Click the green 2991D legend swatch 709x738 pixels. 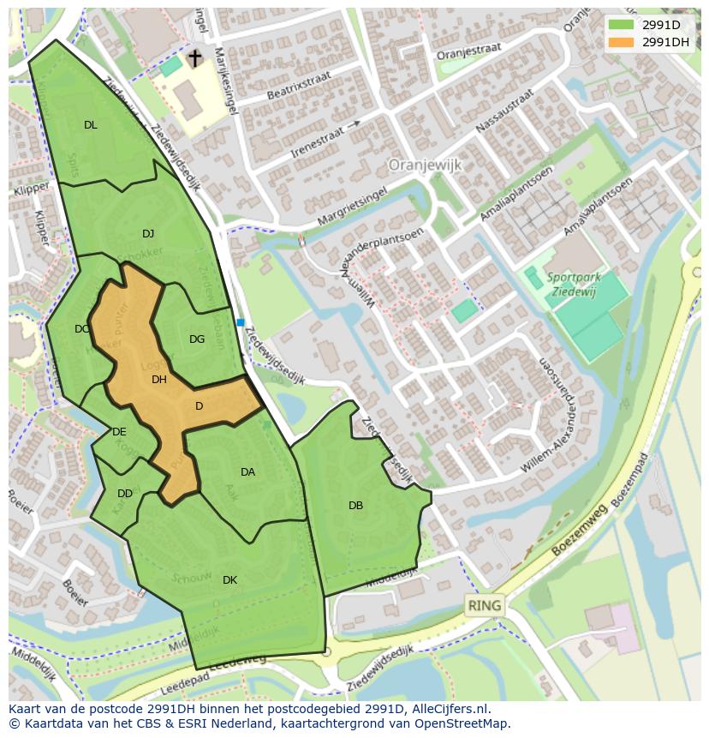(x=621, y=25)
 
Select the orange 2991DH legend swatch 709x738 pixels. (x=621, y=42)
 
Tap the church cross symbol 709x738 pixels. (x=195, y=58)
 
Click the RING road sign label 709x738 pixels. (x=485, y=605)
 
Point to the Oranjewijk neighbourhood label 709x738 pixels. (x=426, y=164)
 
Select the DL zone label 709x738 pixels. (x=91, y=125)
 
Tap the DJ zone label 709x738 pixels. (x=148, y=234)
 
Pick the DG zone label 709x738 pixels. (x=197, y=339)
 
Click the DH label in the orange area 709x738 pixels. (x=159, y=380)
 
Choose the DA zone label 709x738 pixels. (x=247, y=472)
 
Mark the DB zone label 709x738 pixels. (x=355, y=506)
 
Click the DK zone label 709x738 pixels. (x=229, y=580)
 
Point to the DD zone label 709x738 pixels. (x=125, y=494)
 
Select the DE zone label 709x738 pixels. (x=119, y=432)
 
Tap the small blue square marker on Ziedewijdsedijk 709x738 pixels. (x=241, y=322)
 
